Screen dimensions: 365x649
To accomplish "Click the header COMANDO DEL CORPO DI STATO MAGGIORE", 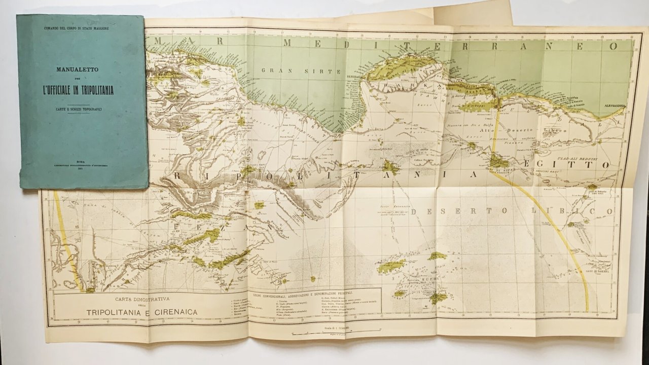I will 81,24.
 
